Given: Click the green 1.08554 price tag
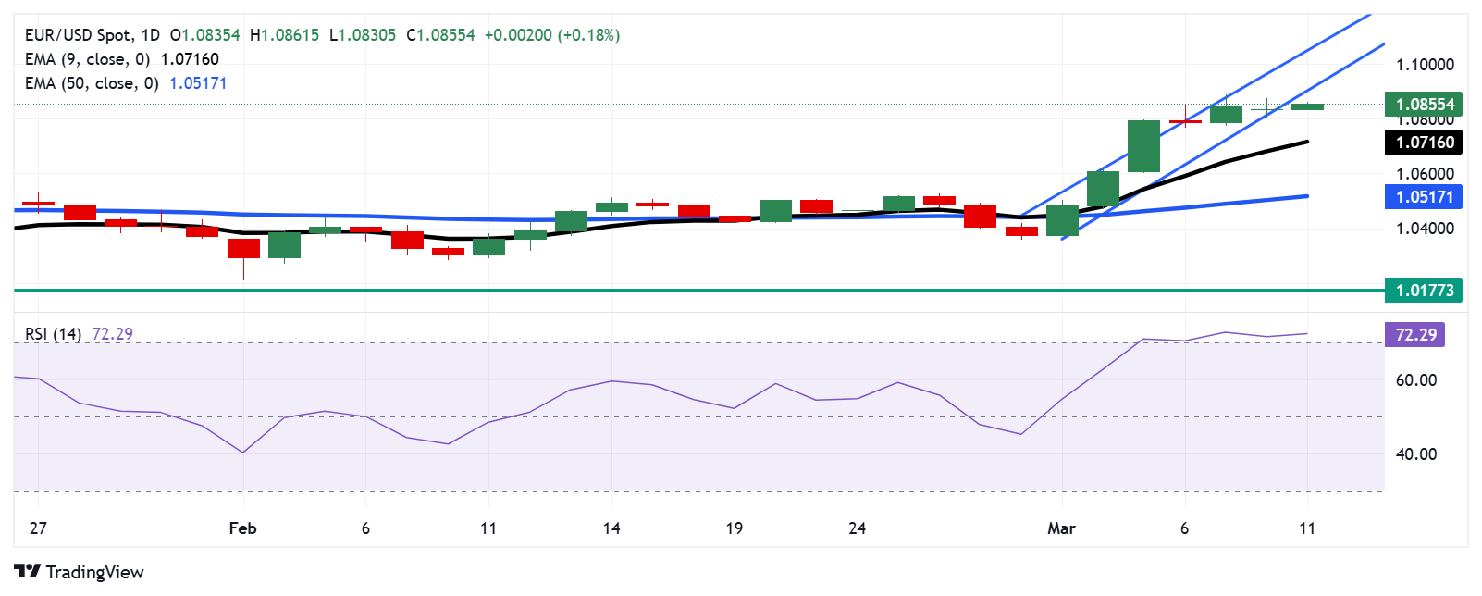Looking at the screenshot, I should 1425,105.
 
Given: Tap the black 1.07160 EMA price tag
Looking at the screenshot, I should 1425,143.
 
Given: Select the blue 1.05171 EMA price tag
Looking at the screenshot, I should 1425,197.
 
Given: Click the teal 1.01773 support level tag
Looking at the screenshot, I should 1425,291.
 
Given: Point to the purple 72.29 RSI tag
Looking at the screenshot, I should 1415,335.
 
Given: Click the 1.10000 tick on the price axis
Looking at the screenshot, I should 1425,65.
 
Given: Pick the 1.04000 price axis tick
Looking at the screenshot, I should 1425,229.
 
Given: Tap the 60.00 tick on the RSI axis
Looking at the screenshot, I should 1415,380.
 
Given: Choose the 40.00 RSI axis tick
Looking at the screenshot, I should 1415,454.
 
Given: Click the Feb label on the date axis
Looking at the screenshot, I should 242,528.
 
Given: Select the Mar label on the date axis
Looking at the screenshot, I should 1061,528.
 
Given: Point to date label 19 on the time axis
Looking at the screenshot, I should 734,528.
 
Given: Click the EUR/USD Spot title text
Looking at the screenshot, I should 78,35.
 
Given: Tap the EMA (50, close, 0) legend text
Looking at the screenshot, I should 93,83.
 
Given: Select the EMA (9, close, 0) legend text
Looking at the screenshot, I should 88,59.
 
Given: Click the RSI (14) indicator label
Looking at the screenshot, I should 53,334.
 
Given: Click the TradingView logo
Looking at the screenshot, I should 80,572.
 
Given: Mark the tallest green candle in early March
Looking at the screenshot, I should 1143,146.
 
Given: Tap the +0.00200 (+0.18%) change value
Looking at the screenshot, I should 552,35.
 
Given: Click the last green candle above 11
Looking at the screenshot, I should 1307,106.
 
